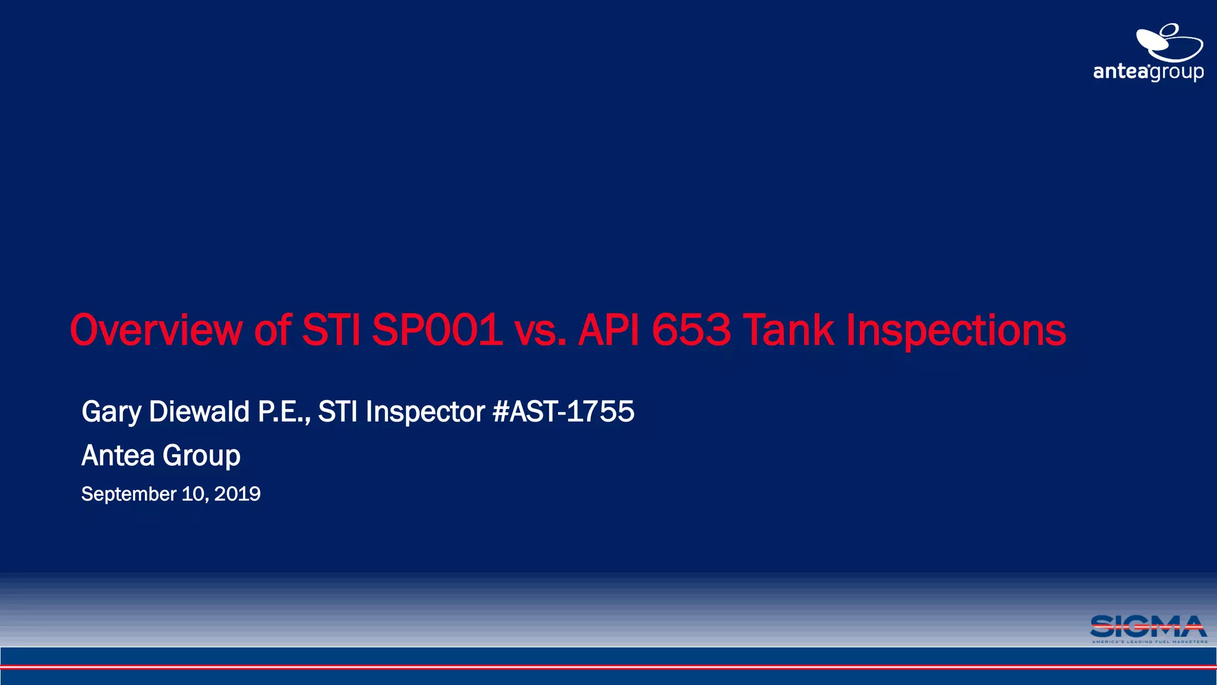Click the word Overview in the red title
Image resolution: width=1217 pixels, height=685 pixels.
click(x=156, y=330)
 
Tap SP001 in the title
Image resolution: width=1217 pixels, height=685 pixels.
click(x=437, y=330)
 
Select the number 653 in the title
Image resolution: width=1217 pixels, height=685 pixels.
click(x=691, y=330)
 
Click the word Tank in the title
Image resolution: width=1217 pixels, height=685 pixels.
click(x=788, y=330)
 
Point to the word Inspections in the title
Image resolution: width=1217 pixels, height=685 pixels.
click(x=956, y=331)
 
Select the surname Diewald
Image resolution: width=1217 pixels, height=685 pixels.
click(x=199, y=411)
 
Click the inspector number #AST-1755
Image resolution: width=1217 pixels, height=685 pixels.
click(x=563, y=411)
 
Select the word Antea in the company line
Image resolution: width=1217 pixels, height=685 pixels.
click(x=118, y=455)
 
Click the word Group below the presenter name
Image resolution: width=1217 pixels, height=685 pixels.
click(x=201, y=457)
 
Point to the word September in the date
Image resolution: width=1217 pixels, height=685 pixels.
click(x=128, y=494)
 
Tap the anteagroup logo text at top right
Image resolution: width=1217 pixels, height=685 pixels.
click(x=1148, y=72)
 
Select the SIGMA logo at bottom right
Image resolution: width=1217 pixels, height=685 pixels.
click(x=1148, y=626)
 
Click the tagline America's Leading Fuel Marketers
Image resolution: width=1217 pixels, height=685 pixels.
click(x=1149, y=642)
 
